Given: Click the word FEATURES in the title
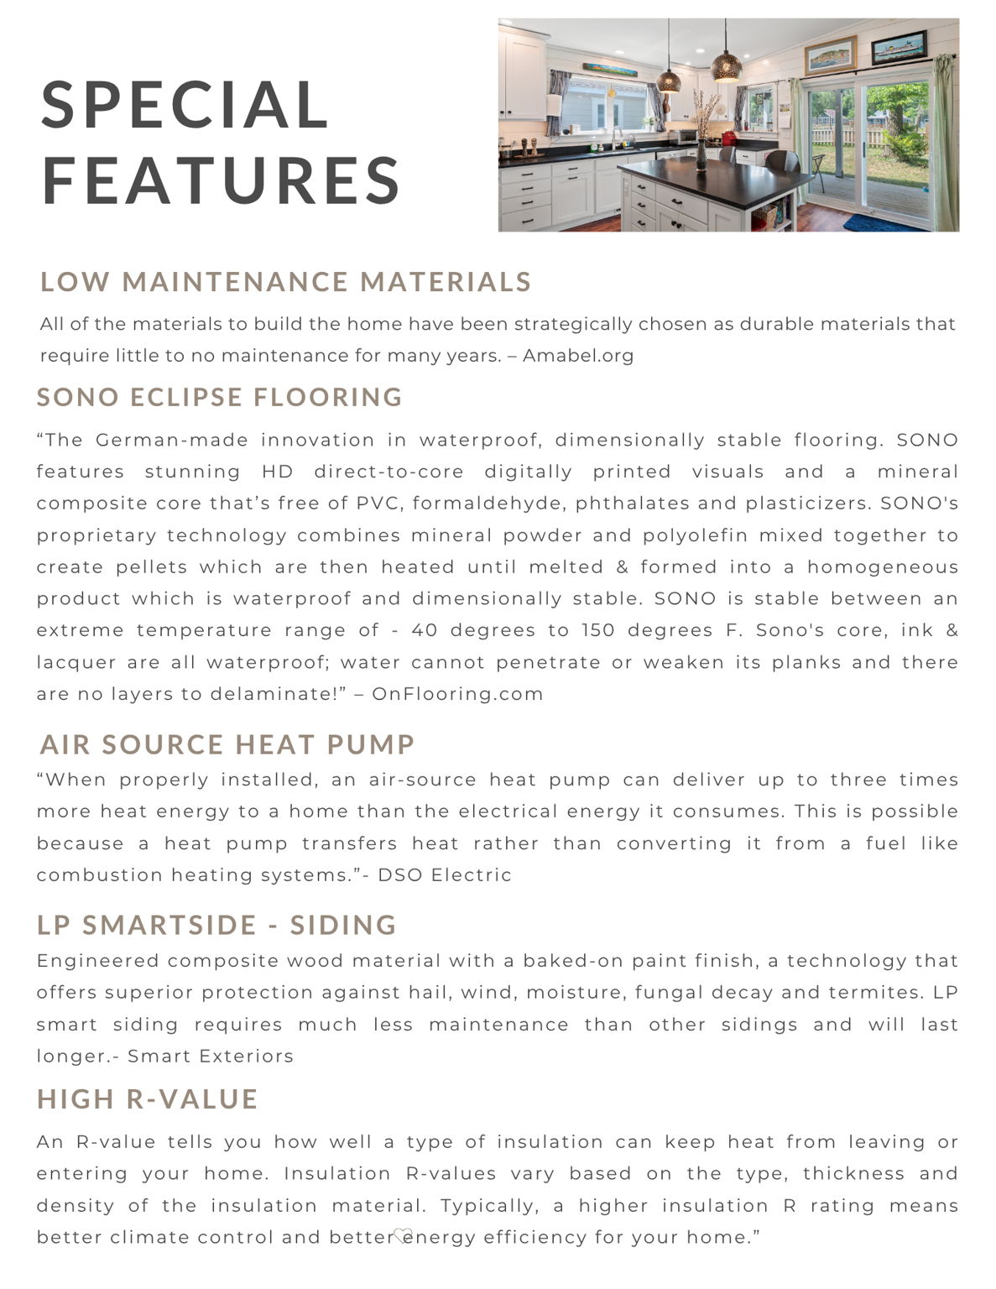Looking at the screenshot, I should [222, 180].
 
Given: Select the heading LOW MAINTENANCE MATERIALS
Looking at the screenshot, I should [285, 282].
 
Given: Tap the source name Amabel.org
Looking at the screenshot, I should [578, 356].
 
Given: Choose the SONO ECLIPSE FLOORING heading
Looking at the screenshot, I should [220, 397].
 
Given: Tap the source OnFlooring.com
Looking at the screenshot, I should [457, 694].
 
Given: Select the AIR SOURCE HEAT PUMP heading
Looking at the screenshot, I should [227, 744].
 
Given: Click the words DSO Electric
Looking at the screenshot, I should [445, 875].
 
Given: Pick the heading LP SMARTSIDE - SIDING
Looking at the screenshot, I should [216, 925].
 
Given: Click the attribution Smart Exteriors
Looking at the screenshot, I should [211, 1057].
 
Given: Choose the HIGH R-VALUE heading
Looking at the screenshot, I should [148, 1099].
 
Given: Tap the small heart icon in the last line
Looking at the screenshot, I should [402, 1234].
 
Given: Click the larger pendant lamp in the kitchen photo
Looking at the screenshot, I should [726, 66].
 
